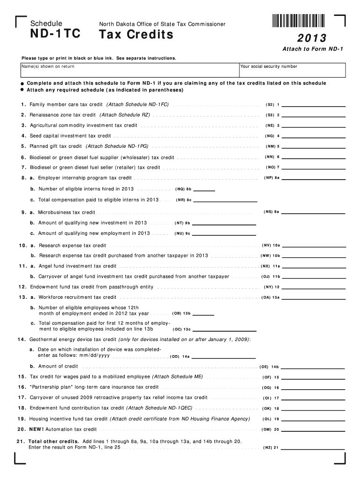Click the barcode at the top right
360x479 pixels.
pyautogui.click(x=298, y=21)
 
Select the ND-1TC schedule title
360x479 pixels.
pyautogui.click(x=55, y=34)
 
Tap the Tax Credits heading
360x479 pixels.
pyautogui.click(x=136, y=34)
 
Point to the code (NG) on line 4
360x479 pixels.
pyautogui.click(x=269, y=136)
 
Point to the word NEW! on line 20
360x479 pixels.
pyautogui.click(x=37, y=429)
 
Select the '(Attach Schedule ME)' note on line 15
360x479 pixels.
pyautogui.click(x=178, y=376)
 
